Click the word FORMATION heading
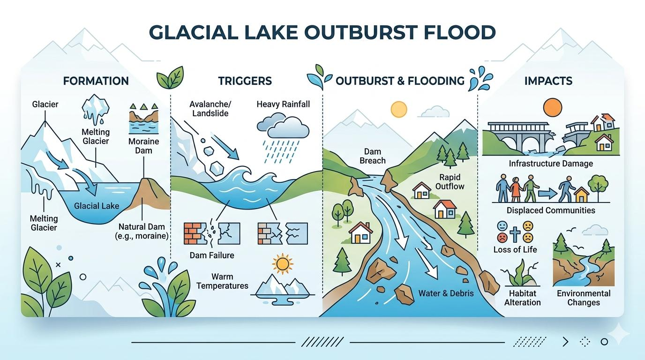tap(96, 81)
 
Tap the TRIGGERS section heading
tap(245, 81)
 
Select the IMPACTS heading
tap(548, 81)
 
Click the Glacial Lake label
tap(97, 206)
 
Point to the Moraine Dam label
tap(144, 146)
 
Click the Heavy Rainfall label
tap(283, 104)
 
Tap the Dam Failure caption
tap(212, 255)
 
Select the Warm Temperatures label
tap(222, 281)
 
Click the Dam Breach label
tap(373, 156)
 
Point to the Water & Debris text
tap(446, 293)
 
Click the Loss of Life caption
tap(515, 249)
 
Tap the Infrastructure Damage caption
tap(551, 164)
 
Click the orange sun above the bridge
tap(553, 107)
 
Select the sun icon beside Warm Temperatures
tap(282, 263)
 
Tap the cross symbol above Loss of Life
tap(515, 234)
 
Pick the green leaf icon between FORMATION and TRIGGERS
tap(170, 77)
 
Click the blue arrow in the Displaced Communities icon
tap(547, 193)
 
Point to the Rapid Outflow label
tap(450, 182)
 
